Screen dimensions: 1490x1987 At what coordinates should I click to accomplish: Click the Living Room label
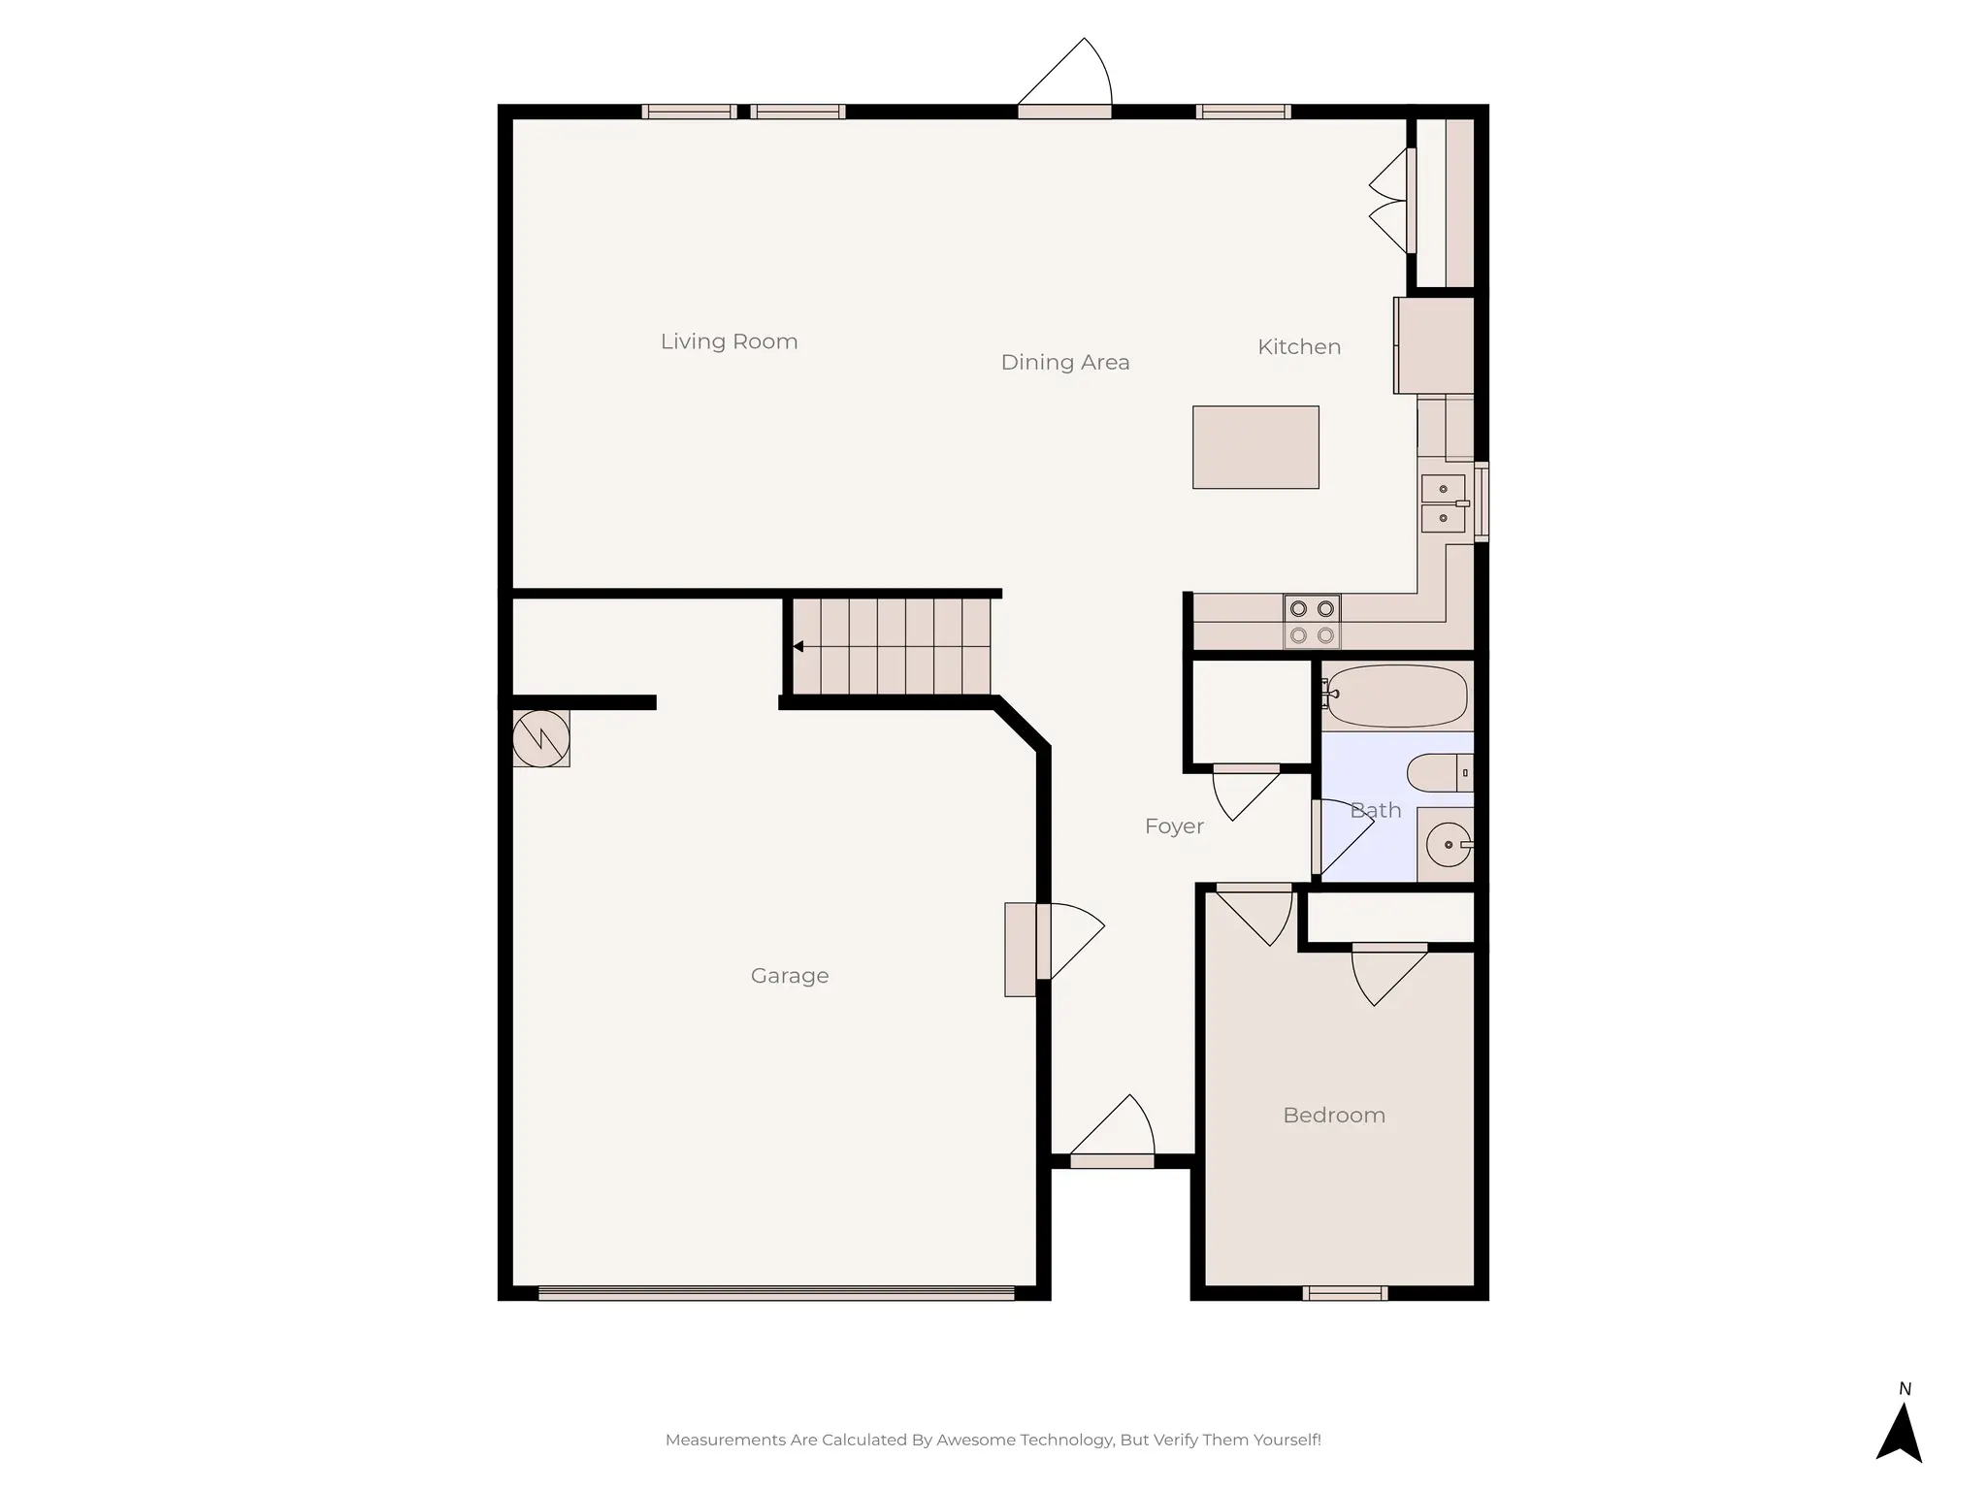[x=729, y=341]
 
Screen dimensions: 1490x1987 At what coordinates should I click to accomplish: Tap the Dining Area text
[x=1064, y=363]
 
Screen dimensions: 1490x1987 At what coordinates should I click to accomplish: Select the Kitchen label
[x=1298, y=347]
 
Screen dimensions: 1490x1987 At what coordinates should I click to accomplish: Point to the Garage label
[x=789, y=976]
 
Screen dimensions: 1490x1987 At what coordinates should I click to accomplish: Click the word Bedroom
[x=1333, y=1116]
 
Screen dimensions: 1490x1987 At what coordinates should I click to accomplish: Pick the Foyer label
[x=1173, y=826]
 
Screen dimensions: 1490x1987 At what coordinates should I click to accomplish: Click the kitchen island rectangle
[x=1254, y=447]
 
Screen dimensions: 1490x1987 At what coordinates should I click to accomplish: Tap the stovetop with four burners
[x=1312, y=622]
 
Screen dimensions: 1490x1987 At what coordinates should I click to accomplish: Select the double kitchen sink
[x=1444, y=503]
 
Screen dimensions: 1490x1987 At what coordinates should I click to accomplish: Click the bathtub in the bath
[x=1396, y=696]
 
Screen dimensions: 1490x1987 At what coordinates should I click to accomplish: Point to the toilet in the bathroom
[x=1438, y=773]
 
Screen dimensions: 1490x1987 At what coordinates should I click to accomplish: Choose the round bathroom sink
[x=1448, y=845]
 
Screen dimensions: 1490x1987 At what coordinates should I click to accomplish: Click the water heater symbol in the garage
[x=540, y=739]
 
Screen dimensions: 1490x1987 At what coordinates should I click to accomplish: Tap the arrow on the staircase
[x=798, y=646]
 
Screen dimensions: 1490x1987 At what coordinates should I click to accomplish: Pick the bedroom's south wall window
[x=1344, y=1293]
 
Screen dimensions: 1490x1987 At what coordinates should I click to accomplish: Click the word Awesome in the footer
[x=974, y=1440]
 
